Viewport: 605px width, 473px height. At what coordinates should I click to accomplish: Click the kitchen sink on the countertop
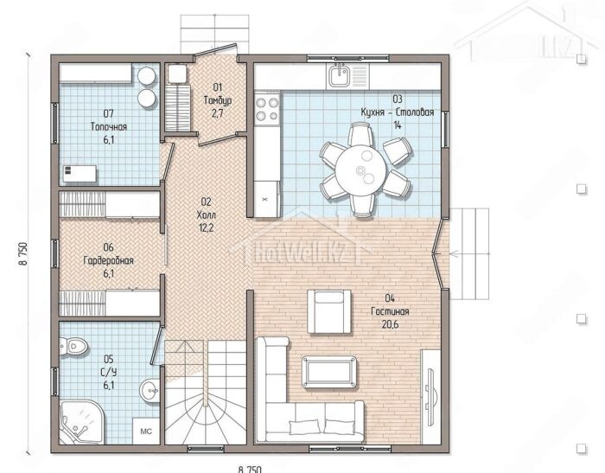pos(339,76)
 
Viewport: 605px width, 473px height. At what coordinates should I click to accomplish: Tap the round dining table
pos(360,170)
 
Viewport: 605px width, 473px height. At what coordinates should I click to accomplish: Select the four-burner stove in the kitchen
pos(267,109)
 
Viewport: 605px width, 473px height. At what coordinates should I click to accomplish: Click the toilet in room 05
pos(73,347)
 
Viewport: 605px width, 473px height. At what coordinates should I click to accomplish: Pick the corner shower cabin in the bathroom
pos(81,423)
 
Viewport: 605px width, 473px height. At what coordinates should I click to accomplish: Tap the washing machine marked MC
pos(146,431)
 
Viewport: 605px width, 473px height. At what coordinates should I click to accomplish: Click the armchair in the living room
pos(329,311)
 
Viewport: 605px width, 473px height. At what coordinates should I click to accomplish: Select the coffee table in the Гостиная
pos(329,372)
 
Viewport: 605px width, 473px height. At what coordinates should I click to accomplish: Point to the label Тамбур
pos(218,100)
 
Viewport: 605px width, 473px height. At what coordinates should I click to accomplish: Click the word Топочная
pos(108,126)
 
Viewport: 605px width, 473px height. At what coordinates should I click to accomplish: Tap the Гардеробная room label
pos(108,260)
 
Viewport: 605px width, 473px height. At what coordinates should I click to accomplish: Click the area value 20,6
pos(390,324)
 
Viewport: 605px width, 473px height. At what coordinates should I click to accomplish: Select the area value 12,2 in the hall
pos(206,227)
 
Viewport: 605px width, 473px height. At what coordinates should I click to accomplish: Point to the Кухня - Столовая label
pos(398,112)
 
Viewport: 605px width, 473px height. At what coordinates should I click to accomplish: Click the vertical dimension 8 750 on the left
pos(23,253)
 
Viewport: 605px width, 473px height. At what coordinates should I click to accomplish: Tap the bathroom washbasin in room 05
pos(150,390)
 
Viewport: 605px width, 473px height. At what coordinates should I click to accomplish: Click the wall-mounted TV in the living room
pos(431,389)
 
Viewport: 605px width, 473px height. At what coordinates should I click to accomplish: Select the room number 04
pos(390,297)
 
